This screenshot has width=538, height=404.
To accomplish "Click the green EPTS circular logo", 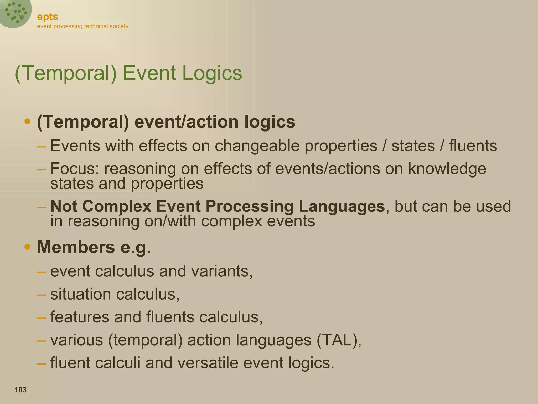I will (15, 13).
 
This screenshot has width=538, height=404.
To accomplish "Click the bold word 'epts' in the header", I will (48, 17).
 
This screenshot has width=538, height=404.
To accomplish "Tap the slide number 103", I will (20, 390).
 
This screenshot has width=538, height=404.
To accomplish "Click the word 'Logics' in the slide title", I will (212, 73).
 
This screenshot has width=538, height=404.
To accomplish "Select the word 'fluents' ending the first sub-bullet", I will (473, 146).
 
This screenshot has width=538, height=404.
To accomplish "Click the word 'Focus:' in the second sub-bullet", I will (75, 169).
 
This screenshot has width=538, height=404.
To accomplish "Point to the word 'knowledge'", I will (447, 169).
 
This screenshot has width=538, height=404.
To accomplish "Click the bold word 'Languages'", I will (342, 206).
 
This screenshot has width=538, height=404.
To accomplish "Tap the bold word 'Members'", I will (76, 247).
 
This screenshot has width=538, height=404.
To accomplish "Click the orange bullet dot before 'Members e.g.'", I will (27, 247).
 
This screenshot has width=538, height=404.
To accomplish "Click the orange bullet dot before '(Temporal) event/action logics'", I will (27, 122).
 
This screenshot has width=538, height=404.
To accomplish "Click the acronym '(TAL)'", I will (339, 340).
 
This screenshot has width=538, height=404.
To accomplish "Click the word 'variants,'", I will (222, 271).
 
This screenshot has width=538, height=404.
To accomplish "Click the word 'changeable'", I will (257, 146).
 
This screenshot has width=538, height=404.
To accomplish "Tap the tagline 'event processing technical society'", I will (82, 26).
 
